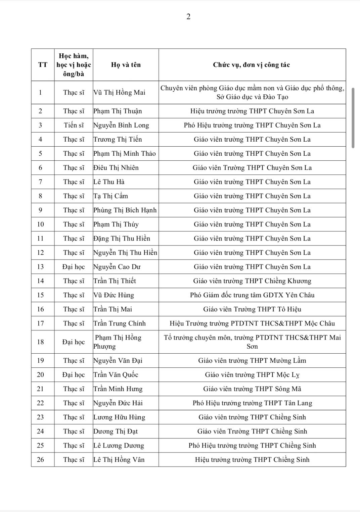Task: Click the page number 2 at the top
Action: pyautogui.click(x=188, y=17)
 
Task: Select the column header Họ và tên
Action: pyautogui.click(x=126, y=65)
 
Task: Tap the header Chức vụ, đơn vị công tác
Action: pyautogui.click(x=252, y=65)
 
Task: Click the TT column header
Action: pyautogui.click(x=43, y=65)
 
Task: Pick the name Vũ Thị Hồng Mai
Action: pyautogui.click(x=120, y=93)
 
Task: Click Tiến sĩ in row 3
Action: pyautogui.click(x=74, y=125)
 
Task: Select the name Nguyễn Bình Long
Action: pyautogui.click(x=121, y=125)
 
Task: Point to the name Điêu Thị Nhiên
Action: pyautogui.click(x=116, y=168)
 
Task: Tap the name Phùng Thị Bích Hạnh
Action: pyautogui.click(x=125, y=210)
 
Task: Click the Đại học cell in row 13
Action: pyautogui.click(x=74, y=267)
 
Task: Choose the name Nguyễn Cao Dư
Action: pyautogui.click(x=117, y=267)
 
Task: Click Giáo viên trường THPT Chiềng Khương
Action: pyautogui.click(x=252, y=281)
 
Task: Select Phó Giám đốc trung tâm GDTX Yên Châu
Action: pyautogui.click(x=252, y=295)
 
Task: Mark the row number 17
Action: pyautogui.click(x=40, y=323)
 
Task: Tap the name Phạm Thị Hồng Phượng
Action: pyautogui.click(x=118, y=342)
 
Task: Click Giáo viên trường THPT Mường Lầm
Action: pyautogui.click(x=252, y=361)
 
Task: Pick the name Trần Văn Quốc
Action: pyautogui.click(x=116, y=375)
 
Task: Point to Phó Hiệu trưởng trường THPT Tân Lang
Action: pyautogui.click(x=252, y=403)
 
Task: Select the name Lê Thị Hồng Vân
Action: pyautogui.click(x=119, y=460)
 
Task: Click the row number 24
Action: pyautogui.click(x=40, y=431)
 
